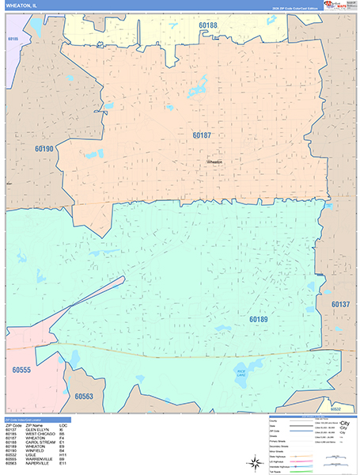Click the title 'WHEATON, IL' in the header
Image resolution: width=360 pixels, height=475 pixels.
pyautogui.click(x=21, y=5)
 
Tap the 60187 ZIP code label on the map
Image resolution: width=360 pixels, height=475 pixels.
pyautogui.click(x=202, y=135)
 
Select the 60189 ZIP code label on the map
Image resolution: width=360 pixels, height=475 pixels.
pyautogui.click(x=258, y=320)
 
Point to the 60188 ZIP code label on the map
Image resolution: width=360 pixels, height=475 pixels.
pyautogui.click(x=208, y=25)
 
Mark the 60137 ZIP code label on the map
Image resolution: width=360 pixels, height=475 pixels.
pyautogui.click(x=340, y=304)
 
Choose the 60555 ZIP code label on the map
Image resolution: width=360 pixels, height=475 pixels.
pyautogui.click(x=21, y=369)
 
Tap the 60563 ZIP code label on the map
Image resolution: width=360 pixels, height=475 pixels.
pyautogui.click(x=84, y=397)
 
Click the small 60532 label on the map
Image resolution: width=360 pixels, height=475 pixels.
pyautogui.click(x=336, y=408)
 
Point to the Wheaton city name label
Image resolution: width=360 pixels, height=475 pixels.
pyautogui.click(x=214, y=161)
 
